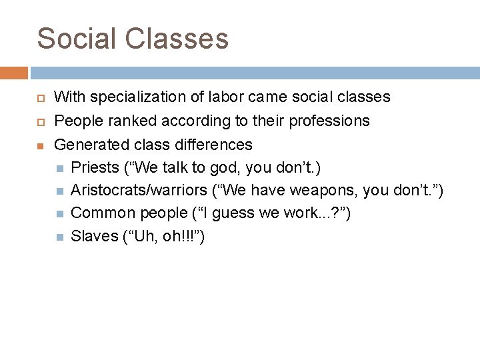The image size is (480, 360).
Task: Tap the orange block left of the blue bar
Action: (14, 73)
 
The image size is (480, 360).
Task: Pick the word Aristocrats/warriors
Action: (138, 191)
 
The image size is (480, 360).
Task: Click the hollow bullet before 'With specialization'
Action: (40, 98)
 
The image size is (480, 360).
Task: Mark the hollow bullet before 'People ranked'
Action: (40, 121)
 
